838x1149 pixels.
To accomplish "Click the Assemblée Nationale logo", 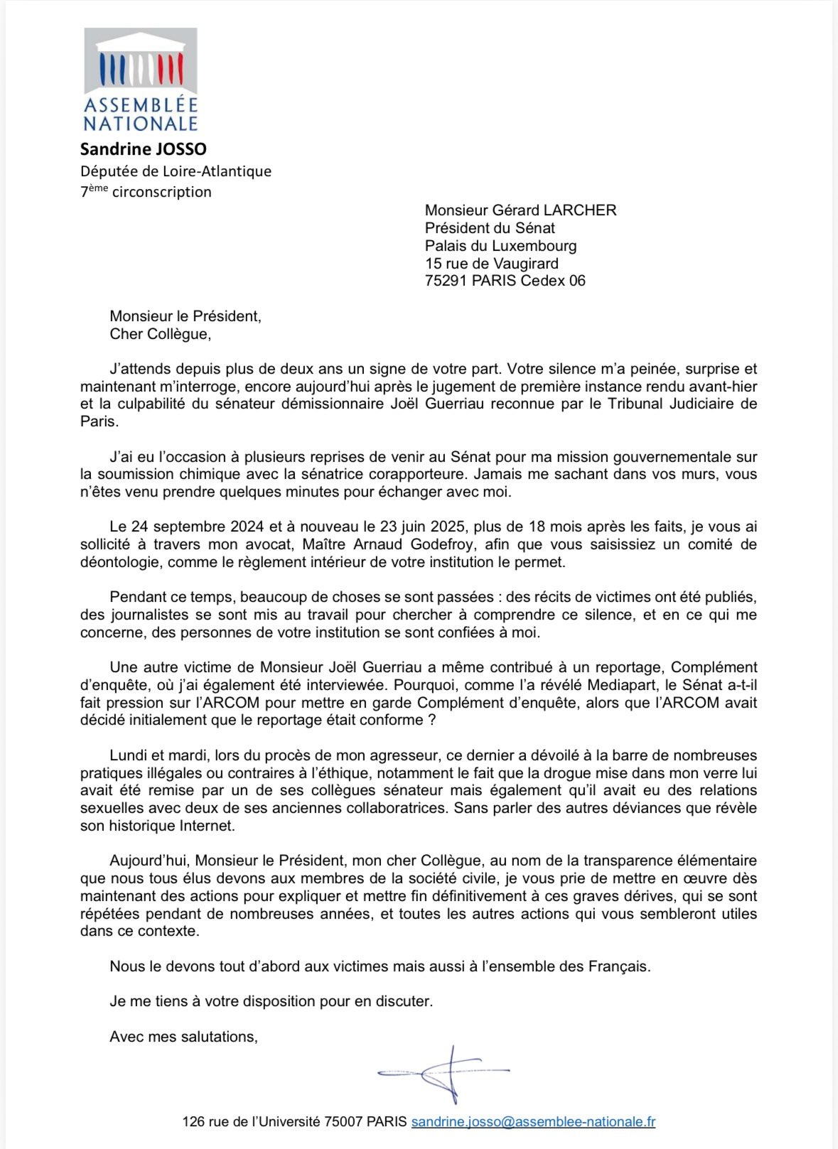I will (x=140, y=80).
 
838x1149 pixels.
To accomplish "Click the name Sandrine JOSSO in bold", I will (x=143, y=149).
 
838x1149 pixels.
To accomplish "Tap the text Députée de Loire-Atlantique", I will (x=176, y=171).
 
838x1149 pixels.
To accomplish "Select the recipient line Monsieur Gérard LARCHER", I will (x=520, y=210).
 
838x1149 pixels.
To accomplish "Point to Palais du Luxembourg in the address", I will (x=500, y=246).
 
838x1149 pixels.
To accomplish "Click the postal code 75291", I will (x=446, y=281).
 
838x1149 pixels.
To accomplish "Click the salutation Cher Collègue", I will (x=159, y=334).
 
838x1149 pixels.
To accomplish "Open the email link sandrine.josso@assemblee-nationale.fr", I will (x=533, y=1122).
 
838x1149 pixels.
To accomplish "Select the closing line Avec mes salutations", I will (x=183, y=1037).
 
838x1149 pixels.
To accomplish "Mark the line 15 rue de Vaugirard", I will (x=491, y=264).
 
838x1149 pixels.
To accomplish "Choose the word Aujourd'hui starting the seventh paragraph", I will (x=147, y=861).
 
